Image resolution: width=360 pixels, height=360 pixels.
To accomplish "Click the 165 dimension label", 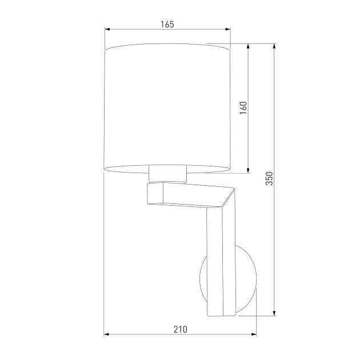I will pyautogui.click(x=167, y=24).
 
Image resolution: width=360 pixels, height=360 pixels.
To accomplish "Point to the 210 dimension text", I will pyautogui.click(x=180, y=329).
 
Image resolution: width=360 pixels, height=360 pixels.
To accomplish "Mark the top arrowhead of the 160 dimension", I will pyautogui.click(x=249, y=46).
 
